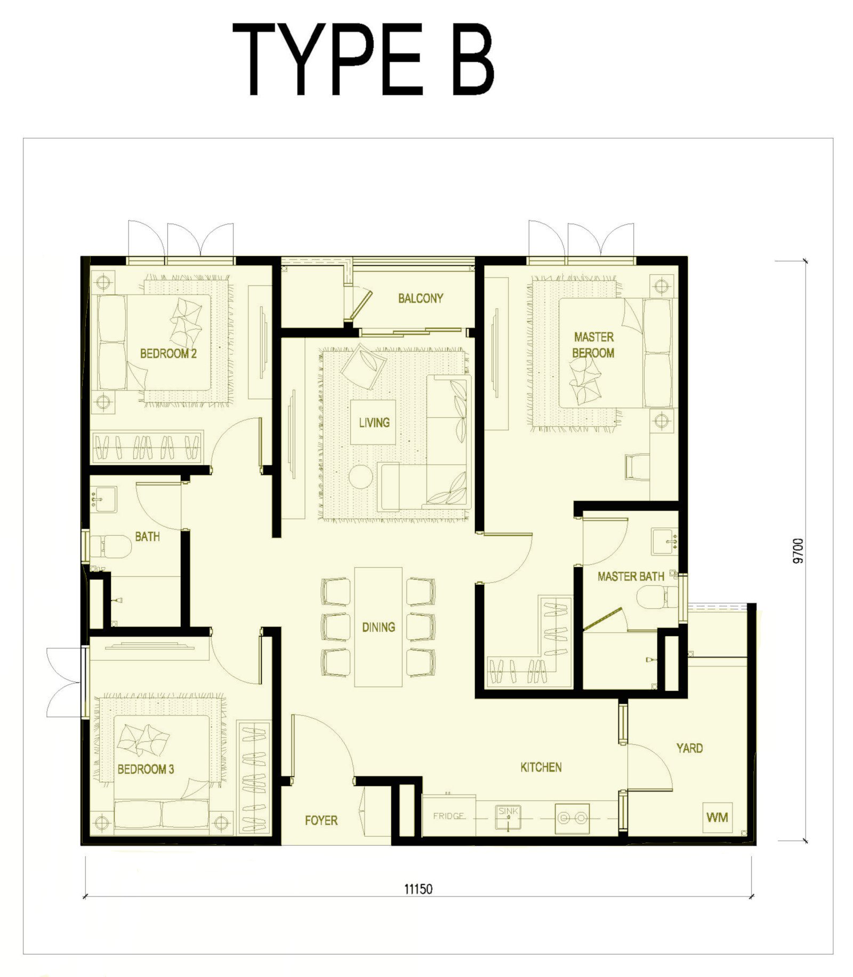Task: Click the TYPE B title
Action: click(x=364, y=60)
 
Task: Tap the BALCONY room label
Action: click(x=421, y=298)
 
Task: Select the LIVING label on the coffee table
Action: click(x=374, y=423)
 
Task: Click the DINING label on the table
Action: click(x=379, y=627)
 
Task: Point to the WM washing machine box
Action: click(x=717, y=817)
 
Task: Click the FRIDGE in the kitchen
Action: click(x=448, y=816)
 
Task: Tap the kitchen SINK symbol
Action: click(x=508, y=816)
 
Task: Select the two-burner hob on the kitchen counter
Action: click(x=572, y=818)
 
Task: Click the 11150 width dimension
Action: click(x=419, y=889)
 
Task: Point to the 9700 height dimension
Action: click(x=798, y=551)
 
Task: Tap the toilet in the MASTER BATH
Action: click(x=657, y=597)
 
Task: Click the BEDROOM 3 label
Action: click(x=146, y=769)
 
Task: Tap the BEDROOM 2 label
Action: click(x=168, y=353)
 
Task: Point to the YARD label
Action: click(x=689, y=748)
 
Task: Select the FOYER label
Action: click(x=321, y=820)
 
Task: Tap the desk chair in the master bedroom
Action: click(x=637, y=467)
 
